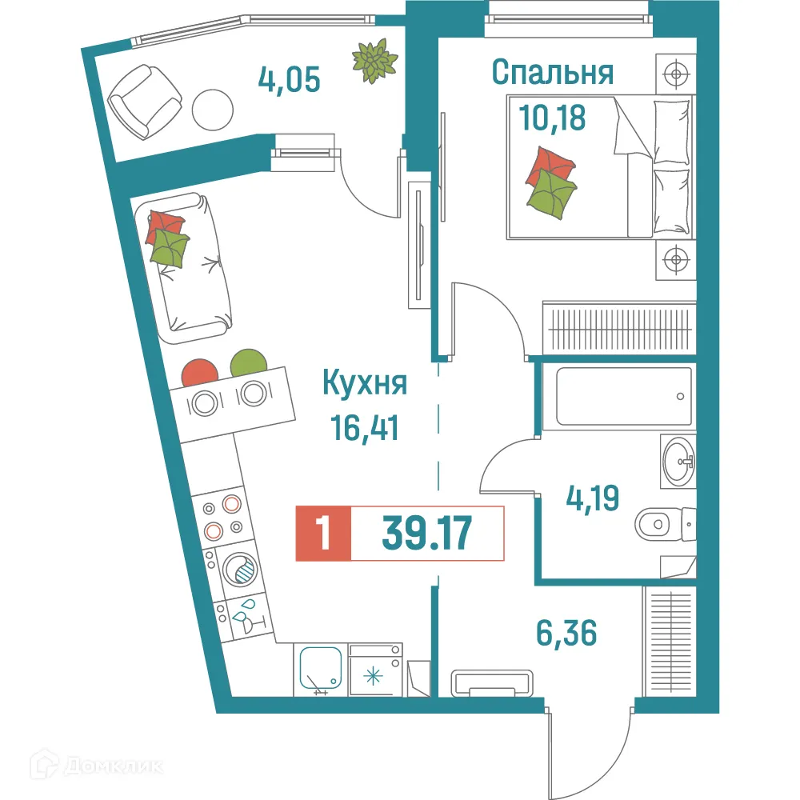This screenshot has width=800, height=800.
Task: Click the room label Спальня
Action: [552, 74]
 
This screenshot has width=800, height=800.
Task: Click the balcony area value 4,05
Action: [289, 79]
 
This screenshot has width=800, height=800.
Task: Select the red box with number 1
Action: [322, 534]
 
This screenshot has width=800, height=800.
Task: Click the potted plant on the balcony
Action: [375, 61]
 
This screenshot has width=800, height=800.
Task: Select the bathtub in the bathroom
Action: [617, 396]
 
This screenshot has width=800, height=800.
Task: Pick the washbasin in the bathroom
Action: [678, 461]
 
